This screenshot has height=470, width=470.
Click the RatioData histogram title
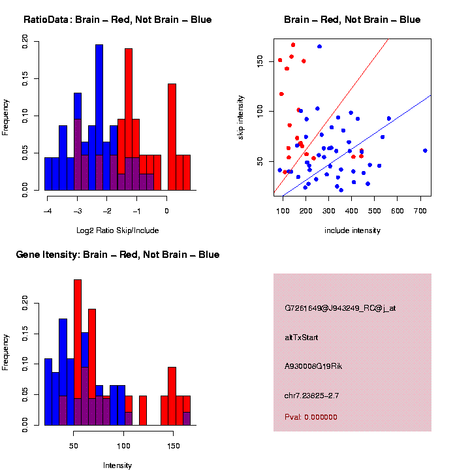[x=117, y=20]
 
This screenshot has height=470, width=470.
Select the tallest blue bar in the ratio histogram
[x=99, y=117]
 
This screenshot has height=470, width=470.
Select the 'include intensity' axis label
[x=352, y=230]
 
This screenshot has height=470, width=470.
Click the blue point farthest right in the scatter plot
[x=425, y=150]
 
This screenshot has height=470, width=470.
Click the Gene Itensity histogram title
[x=117, y=255]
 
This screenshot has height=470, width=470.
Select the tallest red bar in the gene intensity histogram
[x=78, y=352]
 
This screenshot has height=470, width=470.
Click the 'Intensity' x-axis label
[x=117, y=465]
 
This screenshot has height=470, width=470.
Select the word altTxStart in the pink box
[x=302, y=337]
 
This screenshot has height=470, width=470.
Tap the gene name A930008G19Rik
[x=313, y=366]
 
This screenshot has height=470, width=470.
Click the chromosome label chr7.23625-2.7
[x=312, y=396]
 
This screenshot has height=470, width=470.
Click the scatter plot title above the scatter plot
[x=352, y=20]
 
